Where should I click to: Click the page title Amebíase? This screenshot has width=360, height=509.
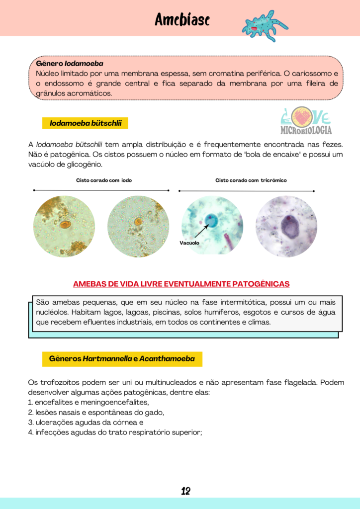182,19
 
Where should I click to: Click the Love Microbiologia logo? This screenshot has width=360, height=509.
306,122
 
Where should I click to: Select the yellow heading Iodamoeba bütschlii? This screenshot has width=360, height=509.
86,123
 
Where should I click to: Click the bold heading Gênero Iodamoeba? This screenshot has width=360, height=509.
70,64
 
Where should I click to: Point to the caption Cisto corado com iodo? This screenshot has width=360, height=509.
104,180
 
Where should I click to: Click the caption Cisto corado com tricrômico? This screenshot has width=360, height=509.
251,180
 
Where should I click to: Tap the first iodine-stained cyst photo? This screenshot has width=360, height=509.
64,226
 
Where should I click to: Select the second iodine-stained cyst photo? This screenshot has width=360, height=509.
138,226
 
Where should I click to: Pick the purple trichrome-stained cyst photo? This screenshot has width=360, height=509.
286,226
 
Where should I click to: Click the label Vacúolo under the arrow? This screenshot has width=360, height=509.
189,243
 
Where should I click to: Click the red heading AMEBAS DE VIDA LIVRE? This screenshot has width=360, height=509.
181,284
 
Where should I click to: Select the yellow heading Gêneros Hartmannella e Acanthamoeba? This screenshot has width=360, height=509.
122,358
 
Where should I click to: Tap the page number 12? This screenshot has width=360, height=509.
185,492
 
